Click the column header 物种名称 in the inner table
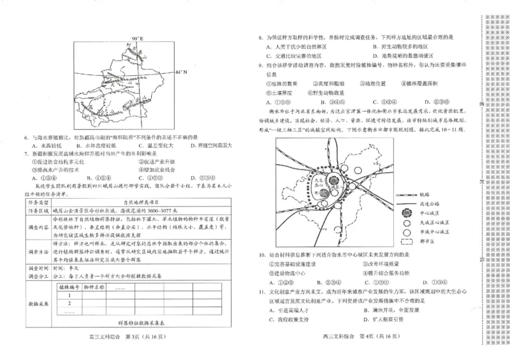tap(94, 288)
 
